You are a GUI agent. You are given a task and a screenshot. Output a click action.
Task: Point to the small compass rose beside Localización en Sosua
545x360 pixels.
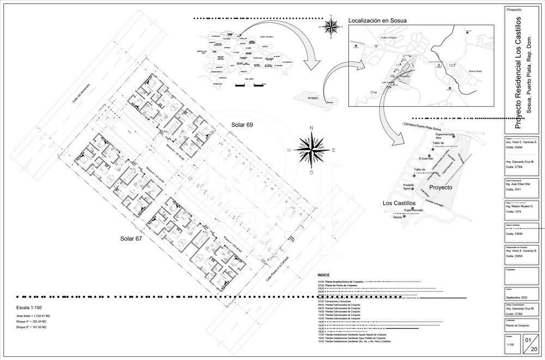pos(331,26)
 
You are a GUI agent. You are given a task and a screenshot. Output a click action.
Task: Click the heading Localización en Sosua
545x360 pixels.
pos(378,21)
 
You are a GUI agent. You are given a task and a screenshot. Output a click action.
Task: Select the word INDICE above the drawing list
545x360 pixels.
pos(324,276)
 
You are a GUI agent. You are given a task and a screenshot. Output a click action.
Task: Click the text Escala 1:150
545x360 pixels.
pos(33,308)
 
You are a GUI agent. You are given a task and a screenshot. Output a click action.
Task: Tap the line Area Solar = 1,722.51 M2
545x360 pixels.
pos(33,316)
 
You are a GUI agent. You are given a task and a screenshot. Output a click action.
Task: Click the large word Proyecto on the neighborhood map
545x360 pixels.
pos(441,187)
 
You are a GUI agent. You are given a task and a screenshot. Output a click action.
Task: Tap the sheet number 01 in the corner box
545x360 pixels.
pos(528,340)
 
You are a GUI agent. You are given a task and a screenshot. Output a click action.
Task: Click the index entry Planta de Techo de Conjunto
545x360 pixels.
pos(341,285)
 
